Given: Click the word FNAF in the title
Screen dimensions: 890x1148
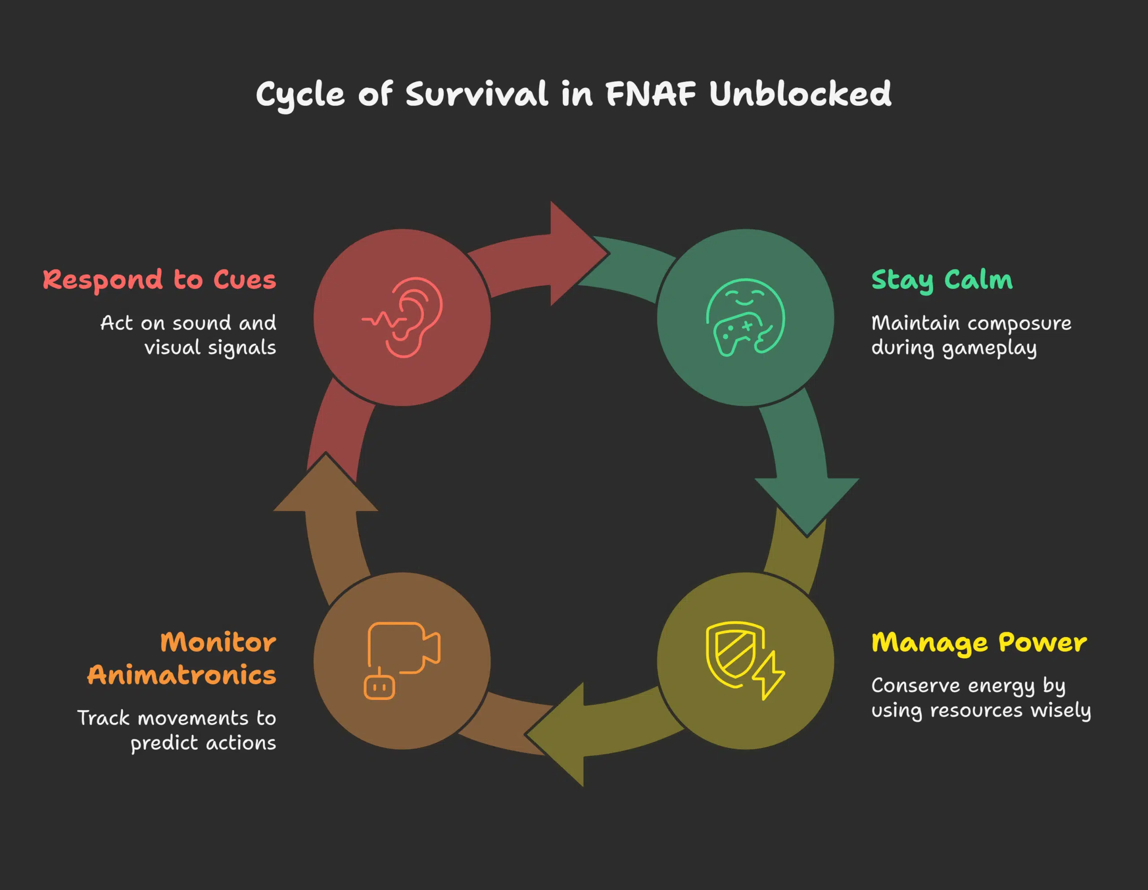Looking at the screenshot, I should pyautogui.click(x=651, y=95).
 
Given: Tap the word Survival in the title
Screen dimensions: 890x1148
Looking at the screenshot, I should pyautogui.click(x=477, y=95).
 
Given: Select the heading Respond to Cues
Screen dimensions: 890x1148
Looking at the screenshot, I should pyautogui.click(x=159, y=280).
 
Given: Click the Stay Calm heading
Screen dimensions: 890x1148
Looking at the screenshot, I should pyautogui.click(x=941, y=280).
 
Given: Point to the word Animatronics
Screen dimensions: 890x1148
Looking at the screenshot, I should pyautogui.click(x=181, y=674).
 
